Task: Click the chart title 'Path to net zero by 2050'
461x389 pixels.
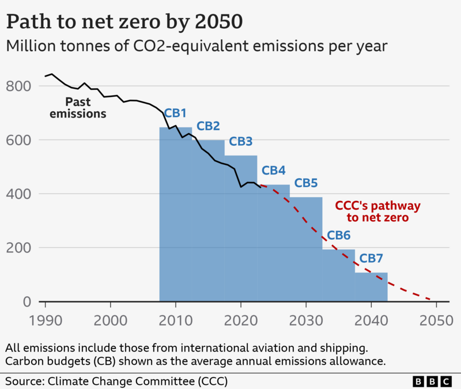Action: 124,22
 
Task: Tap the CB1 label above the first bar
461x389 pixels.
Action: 175,114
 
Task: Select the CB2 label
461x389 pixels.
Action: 208,126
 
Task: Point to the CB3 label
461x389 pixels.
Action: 240,142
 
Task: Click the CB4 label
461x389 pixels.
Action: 273,171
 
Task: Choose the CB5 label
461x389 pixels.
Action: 306,183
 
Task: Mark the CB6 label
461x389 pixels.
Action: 338,236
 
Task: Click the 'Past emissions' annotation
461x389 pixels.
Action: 78,108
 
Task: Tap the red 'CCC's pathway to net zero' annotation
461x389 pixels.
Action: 378,212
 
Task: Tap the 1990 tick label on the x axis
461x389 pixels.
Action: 46,320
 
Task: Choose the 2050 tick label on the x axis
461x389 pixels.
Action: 436,320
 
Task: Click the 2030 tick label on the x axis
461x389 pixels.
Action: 306,320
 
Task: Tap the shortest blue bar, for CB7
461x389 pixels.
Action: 371,287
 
